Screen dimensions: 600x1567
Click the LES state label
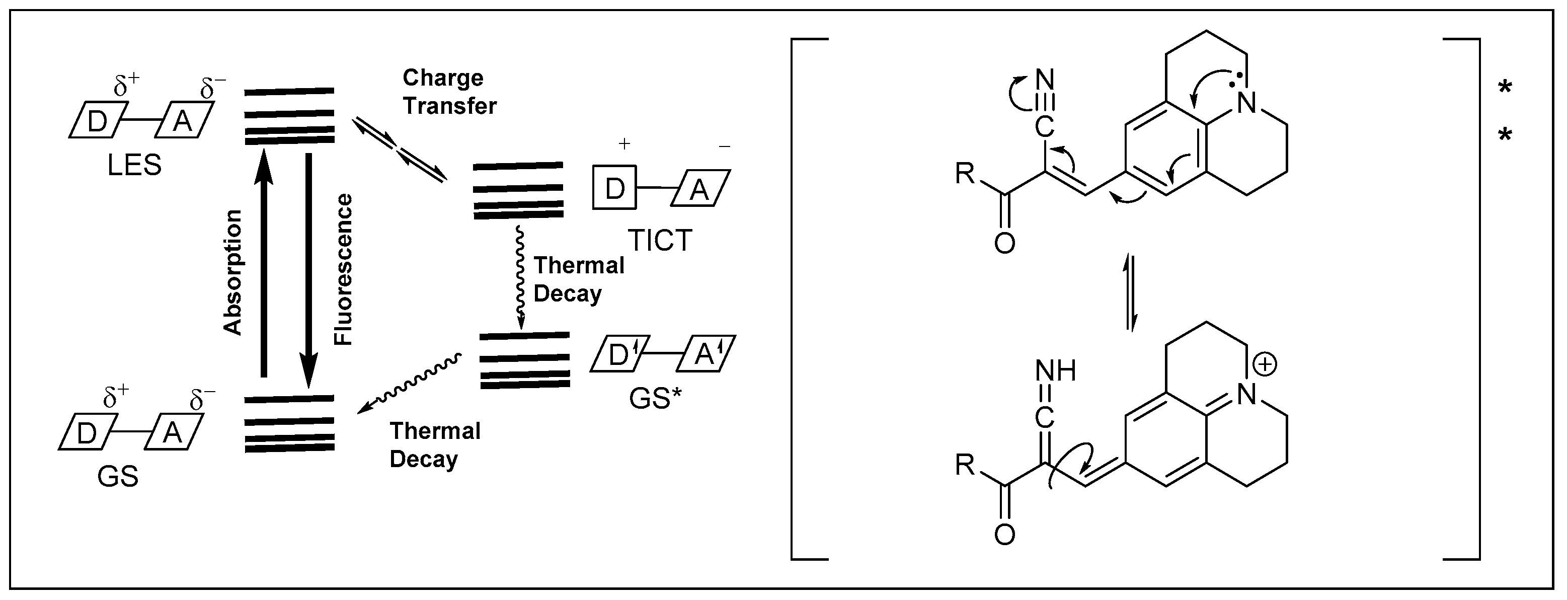tap(134, 166)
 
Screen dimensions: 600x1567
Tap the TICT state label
tap(660, 241)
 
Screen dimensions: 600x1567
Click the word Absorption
tap(233, 273)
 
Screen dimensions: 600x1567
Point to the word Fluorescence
tap(344, 270)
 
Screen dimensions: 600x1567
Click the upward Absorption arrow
tap(263, 262)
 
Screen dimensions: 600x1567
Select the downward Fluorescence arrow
tap(308, 268)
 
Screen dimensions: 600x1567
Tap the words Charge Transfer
tap(449, 92)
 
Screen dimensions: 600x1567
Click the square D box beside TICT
tap(614, 188)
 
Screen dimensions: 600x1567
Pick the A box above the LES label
tap(183, 121)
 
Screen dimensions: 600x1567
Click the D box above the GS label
tap(87, 433)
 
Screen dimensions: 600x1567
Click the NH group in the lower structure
tap(1055, 370)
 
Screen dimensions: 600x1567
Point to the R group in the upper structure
tap(965, 174)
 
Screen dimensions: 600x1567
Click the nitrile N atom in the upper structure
tap(1045, 80)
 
